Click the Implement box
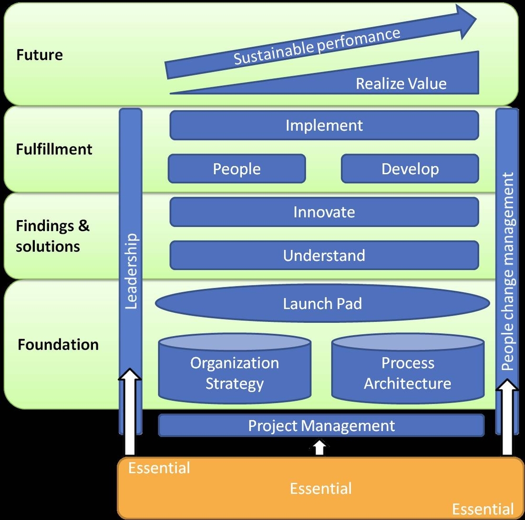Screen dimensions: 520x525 (x=324, y=126)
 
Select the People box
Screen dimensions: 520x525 (x=237, y=169)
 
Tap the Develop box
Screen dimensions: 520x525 (x=410, y=169)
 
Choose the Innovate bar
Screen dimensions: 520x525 (x=324, y=212)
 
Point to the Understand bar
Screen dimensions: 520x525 (x=324, y=255)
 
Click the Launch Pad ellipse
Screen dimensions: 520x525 (x=322, y=304)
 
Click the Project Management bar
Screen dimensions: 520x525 (x=321, y=425)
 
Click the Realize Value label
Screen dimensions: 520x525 (x=401, y=84)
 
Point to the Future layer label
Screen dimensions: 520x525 (x=40, y=55)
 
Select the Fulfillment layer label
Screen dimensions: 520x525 (x=54, y=149)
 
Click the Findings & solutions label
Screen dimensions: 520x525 (x=52, y=236)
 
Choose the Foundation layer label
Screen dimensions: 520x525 (x=58, y=344)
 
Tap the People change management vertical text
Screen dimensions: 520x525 (x=508, y=271)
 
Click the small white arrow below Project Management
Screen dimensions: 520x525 (x=320, y=447)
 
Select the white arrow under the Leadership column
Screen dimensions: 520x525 (x=130, y=411)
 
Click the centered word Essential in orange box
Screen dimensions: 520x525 (x=320, y=488)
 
